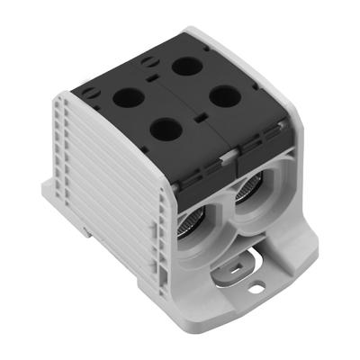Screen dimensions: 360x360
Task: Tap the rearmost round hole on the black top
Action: coord(187,65)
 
